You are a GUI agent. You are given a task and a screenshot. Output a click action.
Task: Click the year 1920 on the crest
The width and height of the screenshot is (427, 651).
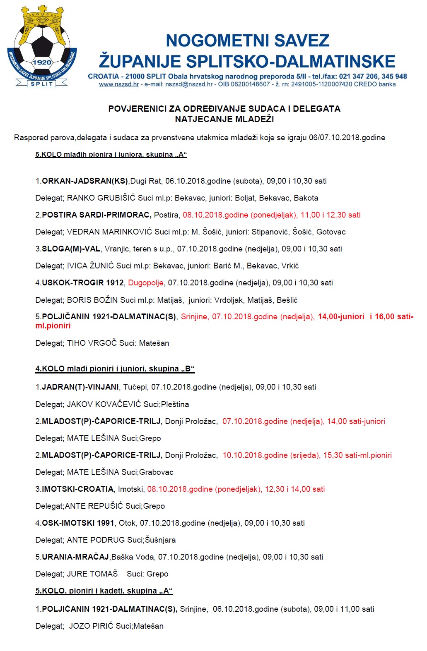(x=42, y=62)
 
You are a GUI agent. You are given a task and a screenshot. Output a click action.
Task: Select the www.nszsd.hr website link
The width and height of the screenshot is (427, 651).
(x=119, y=84)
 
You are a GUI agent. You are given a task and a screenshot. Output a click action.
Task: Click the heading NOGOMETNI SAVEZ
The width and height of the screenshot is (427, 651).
(x=247, y=41)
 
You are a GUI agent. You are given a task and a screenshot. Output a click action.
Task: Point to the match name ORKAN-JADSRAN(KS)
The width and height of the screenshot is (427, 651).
(x=85, y=181)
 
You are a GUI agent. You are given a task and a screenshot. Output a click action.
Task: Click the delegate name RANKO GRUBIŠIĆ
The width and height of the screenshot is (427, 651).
(x=101, y=198)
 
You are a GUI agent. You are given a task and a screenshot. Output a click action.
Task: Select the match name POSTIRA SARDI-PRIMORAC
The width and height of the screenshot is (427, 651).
(x=96, y=215)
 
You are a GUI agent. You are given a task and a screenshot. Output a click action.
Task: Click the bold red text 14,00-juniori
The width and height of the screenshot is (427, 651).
(x=341, y=317)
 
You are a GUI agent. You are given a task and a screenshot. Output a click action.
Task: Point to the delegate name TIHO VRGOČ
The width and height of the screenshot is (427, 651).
(x=92, y=343)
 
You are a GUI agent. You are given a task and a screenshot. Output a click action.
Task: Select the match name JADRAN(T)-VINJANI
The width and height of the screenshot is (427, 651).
(x=80, y=387)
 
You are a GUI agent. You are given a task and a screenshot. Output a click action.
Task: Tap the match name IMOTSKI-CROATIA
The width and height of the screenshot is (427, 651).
(x=78, y=489)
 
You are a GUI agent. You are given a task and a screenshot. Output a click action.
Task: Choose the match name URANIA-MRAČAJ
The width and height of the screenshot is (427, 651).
(x=75, y=557)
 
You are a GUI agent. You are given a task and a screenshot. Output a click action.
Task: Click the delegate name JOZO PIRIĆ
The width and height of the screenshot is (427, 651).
(x=91, y=626)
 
